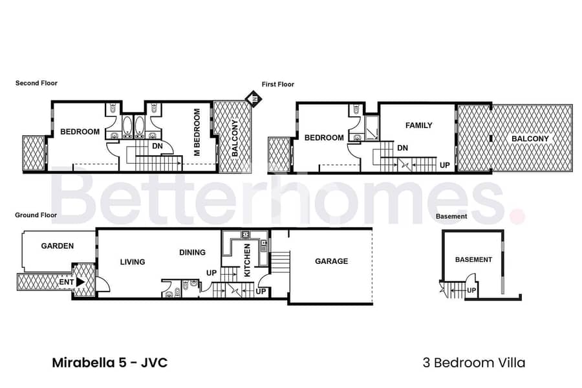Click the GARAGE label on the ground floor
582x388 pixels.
coord(332,261)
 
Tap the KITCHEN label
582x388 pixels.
coord(247,260)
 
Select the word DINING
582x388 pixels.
coord(192,252)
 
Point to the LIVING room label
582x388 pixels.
coord(133,262)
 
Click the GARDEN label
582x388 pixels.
coord(58,246)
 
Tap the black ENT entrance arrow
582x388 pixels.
coord(80,282)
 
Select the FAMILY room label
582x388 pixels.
coord(418,125)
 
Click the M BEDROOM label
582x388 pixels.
coord(197,132)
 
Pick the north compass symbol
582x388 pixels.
coord(254,99)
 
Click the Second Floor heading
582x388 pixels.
coord(36,83)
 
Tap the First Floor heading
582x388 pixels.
coord(278,84)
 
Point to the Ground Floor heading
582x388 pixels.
coord(36,215)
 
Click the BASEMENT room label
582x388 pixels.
coord(473,260)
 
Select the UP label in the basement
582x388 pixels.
coord(471,290)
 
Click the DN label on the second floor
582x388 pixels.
coord(157,146)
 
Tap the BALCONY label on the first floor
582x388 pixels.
coord(530,139)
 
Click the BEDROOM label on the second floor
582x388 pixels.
coord(80,132)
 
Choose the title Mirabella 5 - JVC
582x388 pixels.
coord(110,362)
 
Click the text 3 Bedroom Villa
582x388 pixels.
coord(474,362)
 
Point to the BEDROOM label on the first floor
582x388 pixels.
coord(324,138)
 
